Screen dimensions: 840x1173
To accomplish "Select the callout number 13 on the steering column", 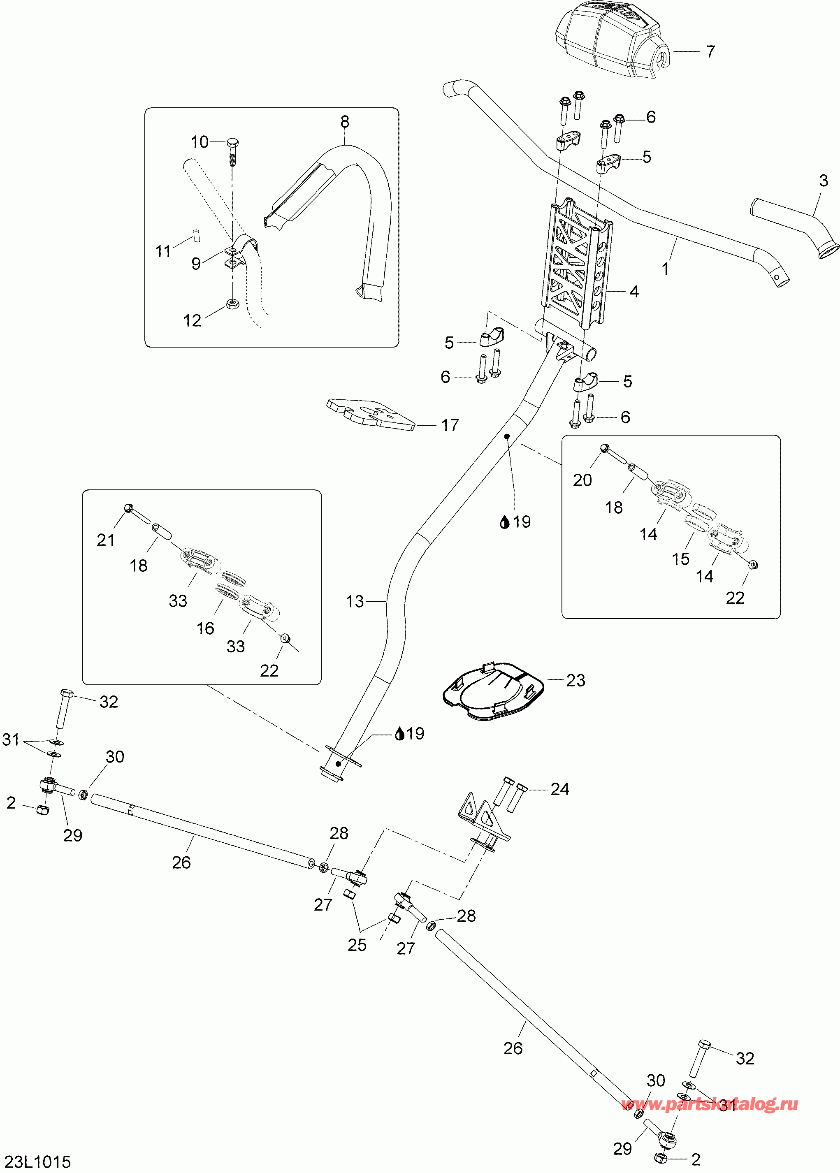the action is [x=355, y=601].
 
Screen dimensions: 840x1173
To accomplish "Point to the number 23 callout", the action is [x=575, y=680].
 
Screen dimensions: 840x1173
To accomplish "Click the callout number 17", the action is [x=450, y=425].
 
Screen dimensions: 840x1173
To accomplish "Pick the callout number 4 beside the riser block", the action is [x=634, y=292].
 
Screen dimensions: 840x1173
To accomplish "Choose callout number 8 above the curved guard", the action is [x=345, y=122].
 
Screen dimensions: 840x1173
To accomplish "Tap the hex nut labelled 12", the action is [x=233, y=304].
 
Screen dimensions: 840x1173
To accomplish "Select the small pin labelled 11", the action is [x=197, y=235].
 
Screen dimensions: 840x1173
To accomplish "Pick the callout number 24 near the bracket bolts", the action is [x=559, y=789].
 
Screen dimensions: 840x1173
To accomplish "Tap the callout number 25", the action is [x=357, y=945].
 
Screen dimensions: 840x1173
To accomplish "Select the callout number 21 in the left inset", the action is [x=106, y=540].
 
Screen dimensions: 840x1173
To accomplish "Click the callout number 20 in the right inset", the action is [x=582, y=480].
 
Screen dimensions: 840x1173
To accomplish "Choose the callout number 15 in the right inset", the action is [x=681, y=559].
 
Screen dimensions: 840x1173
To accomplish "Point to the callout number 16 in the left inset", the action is [x=205, y=628].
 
